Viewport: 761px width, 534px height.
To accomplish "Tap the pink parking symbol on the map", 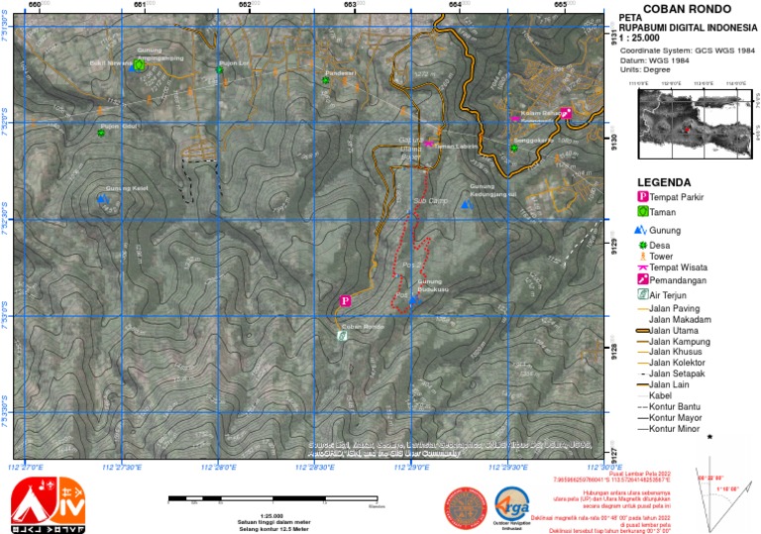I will tap(346, 300).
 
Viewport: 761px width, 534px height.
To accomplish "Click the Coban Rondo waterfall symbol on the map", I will tap(343, 336).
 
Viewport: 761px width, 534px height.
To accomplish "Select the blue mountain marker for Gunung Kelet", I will tap(102, 199).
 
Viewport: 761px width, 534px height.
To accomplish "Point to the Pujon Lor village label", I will tap(233, 61).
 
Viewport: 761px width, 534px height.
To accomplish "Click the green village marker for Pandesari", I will tap(325, 80).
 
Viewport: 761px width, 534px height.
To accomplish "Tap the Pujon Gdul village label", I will tap(118, 126).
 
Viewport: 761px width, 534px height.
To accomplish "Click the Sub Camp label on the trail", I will tap(427, 201).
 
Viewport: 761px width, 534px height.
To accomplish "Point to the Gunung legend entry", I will tap(664, 230).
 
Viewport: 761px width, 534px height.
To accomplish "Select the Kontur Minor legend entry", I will tap(678, 429).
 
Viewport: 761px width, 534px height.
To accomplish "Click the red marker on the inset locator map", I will tap(685, 128).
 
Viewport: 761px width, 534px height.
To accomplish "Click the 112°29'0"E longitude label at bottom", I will tap(412, 467).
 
